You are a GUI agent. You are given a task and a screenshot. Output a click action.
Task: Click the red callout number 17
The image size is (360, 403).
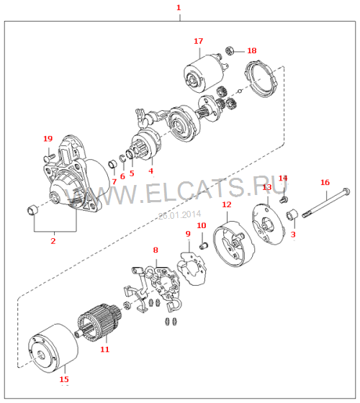click(x=198, y=41)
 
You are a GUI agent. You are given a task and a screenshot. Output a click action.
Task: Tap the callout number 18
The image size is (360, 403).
click(x=252, y=50)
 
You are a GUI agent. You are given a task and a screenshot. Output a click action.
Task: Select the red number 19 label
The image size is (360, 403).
click(x=48, y=139)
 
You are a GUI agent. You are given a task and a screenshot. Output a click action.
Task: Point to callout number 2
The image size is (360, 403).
click(x=53, y=241)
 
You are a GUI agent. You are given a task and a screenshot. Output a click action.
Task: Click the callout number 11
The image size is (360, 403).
click(x=104, y=349)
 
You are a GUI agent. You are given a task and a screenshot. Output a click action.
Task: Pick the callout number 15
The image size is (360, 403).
click(x=64, y=379)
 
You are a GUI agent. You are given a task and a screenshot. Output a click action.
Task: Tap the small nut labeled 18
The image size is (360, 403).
click(x=229, y=50)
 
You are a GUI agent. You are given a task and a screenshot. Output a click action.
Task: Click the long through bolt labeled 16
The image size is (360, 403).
click(x=326, y=203)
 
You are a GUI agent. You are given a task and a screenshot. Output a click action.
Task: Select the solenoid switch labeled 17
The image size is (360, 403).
click(x=206, y=73)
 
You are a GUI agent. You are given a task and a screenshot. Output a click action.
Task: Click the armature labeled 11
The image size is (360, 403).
click(x=99, y=322)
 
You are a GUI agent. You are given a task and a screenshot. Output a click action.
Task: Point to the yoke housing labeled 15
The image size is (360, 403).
click(x=53, y=348)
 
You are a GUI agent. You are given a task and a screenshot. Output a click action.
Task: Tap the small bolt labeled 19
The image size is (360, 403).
click(x=49, y=157)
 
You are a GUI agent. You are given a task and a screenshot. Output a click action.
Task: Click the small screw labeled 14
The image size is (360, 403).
click(x=284, y=199)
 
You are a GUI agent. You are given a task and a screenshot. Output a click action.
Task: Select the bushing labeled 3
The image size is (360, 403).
click(x=292, y=215)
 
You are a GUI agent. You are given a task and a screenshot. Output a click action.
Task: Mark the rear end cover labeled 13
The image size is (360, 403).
click(x=268, y=225)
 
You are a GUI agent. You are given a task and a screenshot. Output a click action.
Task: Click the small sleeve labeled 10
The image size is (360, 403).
click(x=204, y=245)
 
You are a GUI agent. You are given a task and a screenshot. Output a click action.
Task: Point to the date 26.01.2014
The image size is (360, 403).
click(x=180, y=215)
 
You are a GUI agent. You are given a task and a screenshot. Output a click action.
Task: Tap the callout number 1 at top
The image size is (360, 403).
click(x=179, y=7)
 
